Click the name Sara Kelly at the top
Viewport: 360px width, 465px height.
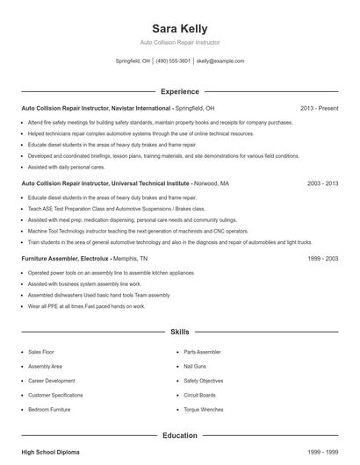point(179,28)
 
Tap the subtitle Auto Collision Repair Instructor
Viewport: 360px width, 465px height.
point(179,42)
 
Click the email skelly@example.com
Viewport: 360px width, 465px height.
point(220,61)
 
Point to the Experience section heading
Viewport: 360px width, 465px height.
point(179,91)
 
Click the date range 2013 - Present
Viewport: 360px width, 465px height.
point(319,108)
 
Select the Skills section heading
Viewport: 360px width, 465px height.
point(179,333)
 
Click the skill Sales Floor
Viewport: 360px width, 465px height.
point(41,351)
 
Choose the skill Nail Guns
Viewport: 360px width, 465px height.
point(197,366)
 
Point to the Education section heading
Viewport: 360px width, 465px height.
point(179,435)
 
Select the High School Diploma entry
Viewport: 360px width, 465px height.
point(50,452)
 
